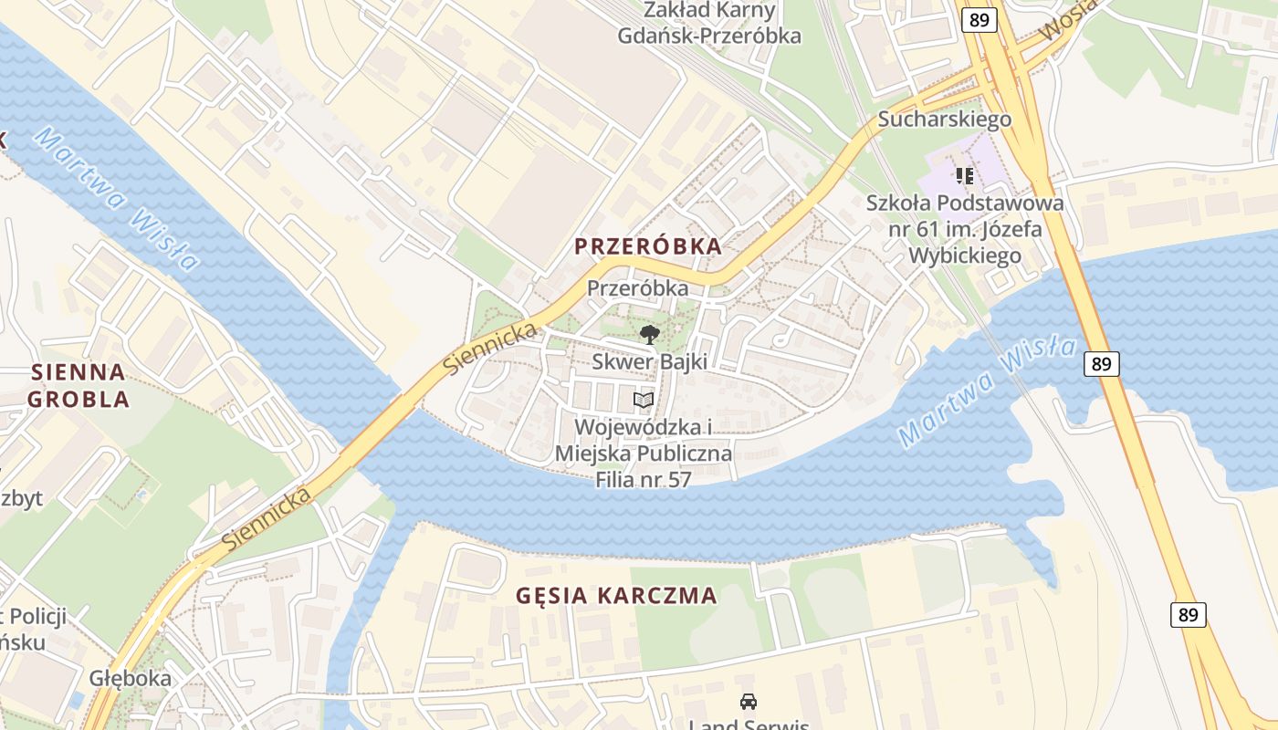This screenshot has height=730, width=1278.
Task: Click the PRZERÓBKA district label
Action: [x=648, y=246]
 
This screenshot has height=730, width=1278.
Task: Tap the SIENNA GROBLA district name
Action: [x=78, y=385]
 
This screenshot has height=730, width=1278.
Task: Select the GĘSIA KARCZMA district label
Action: [x=616, y=596]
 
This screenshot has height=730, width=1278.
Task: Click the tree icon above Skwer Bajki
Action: [x=649, y=335]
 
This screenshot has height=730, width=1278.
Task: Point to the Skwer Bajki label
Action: [x=649, y=361]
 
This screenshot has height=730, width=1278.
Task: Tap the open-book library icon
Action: [x=644, y=401]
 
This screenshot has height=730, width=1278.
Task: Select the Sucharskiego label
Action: [x=944, y=120]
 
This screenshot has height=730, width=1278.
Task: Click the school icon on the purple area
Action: [x=964, y=175]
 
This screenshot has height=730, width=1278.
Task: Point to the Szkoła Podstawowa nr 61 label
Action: [x=965, y=228]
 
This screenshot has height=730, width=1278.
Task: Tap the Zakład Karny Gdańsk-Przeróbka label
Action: [x=709, y=24]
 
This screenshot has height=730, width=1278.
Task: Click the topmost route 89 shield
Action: [x=978, y=20]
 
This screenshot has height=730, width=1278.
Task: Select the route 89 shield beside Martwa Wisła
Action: [x=1102, y=363]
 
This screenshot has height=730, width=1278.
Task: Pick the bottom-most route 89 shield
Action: [x=1188, y=614]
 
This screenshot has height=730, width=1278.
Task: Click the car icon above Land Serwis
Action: [x=749, y=702]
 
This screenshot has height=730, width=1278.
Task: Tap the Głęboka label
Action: [x=131, y=679]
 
